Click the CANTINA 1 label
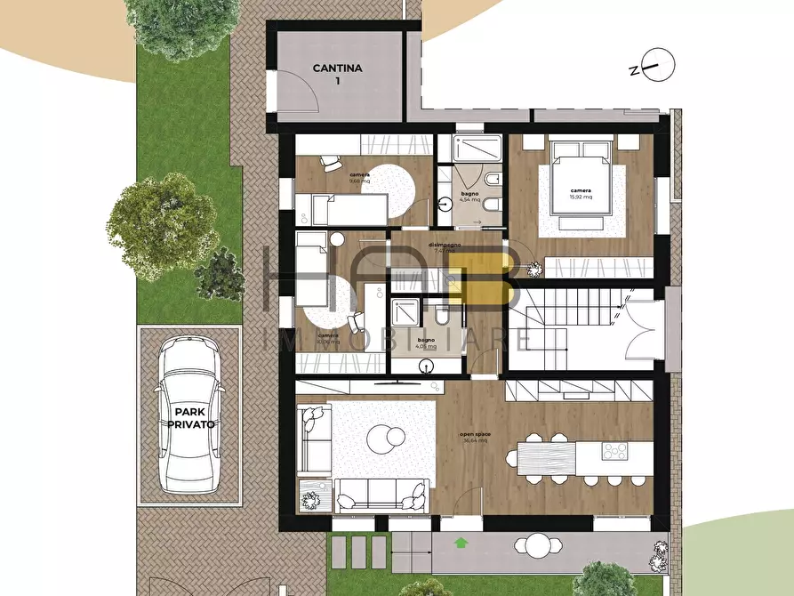pos(331,74)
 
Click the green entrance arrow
pos(461,541)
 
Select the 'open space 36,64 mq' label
pos(476,438)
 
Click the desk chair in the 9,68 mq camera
pos(330,163)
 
